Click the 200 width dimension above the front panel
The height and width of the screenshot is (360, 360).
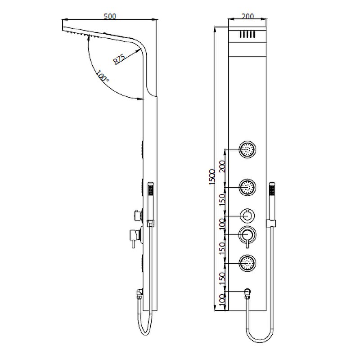[248, 16]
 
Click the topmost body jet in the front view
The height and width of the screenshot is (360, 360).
[248, 149]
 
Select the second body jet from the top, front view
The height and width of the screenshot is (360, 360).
[248, 186]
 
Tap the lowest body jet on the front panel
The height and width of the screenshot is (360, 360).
[248, 262]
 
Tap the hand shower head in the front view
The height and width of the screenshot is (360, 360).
[272, 189]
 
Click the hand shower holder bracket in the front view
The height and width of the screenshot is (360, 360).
[271, 223]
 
